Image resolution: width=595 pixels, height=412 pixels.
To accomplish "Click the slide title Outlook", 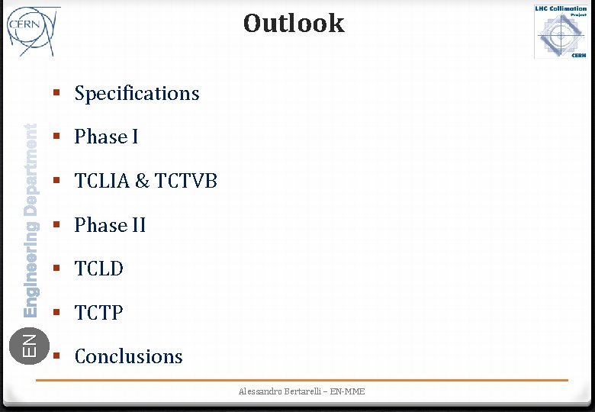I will [294, 23].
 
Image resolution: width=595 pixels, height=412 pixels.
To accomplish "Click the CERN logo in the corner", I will [32, 31].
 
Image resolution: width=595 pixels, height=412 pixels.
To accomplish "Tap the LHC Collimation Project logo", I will [561, 31].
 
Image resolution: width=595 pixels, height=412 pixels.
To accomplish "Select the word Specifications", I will [137, 93].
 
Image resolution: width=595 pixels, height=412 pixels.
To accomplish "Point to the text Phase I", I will [106, 137].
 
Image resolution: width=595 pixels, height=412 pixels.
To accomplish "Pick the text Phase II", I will [110, 225].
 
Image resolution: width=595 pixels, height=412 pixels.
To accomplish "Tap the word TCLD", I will [99, 269].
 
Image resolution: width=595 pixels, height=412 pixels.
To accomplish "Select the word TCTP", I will [98, 313].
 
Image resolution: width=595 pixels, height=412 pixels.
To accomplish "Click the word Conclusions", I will [128, 356].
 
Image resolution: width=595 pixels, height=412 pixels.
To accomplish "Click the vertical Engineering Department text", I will [30, 220].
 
